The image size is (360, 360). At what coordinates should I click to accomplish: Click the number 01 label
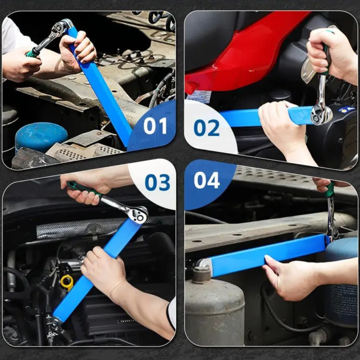tap(155, 126)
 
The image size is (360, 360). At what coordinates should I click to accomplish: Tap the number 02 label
tap(206, 128)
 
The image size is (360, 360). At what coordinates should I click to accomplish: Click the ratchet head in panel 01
tap(60, 28)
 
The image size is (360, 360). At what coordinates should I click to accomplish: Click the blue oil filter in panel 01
tap(41, 137)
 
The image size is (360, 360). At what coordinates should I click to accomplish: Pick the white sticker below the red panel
tap(199, 97)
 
